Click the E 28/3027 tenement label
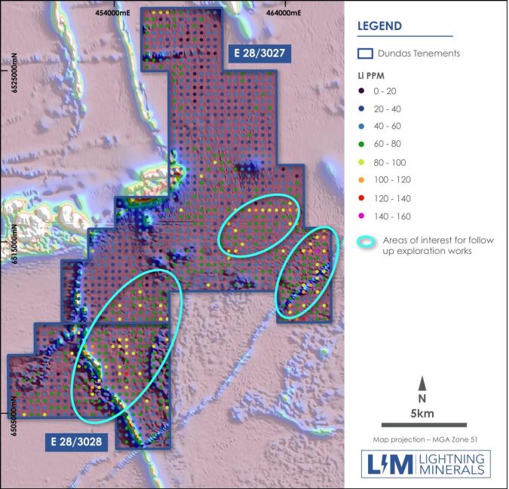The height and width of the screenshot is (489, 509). pos(260,52)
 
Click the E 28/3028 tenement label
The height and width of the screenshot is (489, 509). pos(76,441)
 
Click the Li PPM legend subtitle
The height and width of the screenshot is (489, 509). pos(371,77)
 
